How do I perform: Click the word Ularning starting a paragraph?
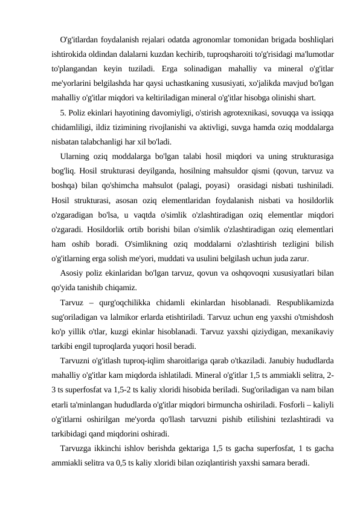[77, 157]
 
